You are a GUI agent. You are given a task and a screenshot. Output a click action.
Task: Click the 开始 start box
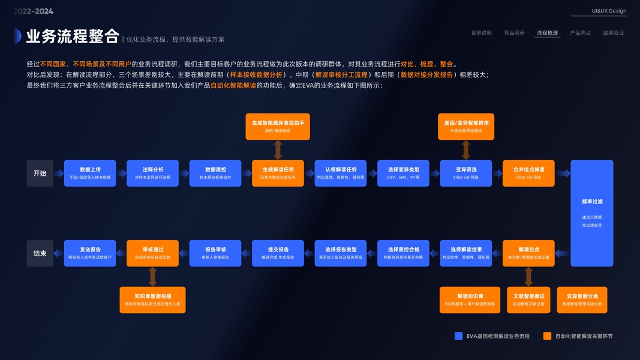pos(40,173)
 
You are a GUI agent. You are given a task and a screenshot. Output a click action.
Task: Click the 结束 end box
pos(40,253)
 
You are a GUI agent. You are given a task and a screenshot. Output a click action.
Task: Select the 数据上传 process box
pos(90,173)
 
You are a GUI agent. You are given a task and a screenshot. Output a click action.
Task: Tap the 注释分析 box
pos(152,173)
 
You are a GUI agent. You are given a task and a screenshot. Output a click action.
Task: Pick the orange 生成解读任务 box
pos(278,173)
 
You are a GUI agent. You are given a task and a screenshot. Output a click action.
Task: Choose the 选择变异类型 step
pos(403,173)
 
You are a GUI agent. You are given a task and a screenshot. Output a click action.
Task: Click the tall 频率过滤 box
pos(591,213)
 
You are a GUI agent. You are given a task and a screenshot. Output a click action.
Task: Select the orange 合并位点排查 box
pos(528,173)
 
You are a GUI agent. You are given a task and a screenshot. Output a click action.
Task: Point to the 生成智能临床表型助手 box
pos(278,127)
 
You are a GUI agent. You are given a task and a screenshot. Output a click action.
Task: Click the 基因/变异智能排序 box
pos(466,127)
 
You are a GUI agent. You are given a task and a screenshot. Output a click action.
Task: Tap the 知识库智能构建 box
pos(152,300)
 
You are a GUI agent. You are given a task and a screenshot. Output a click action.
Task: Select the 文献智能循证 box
pos(528,300)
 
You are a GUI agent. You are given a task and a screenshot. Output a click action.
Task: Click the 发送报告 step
pos(90,253)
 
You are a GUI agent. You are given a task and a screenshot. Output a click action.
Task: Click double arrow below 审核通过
pos(152,277)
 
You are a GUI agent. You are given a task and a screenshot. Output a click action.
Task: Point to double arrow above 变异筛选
pos(466,150)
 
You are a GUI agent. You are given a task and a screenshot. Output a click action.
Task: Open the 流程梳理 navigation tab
pos(547,33)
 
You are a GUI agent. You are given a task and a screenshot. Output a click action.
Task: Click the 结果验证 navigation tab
pos(613,33)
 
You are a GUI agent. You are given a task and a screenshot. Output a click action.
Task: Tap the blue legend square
pos(459,336)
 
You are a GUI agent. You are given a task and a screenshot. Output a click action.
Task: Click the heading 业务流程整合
pos(73,37)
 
